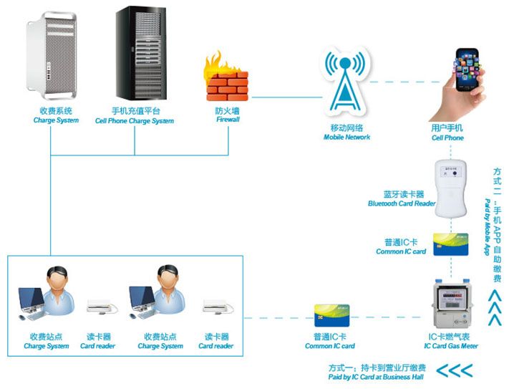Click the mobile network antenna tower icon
[347, 82]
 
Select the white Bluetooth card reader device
[452, 189]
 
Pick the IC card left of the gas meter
[330, 315]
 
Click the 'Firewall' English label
[228, 120]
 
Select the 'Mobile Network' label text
[346, 137]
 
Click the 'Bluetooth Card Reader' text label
[402, 203]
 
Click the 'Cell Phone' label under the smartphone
[447, 138]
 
